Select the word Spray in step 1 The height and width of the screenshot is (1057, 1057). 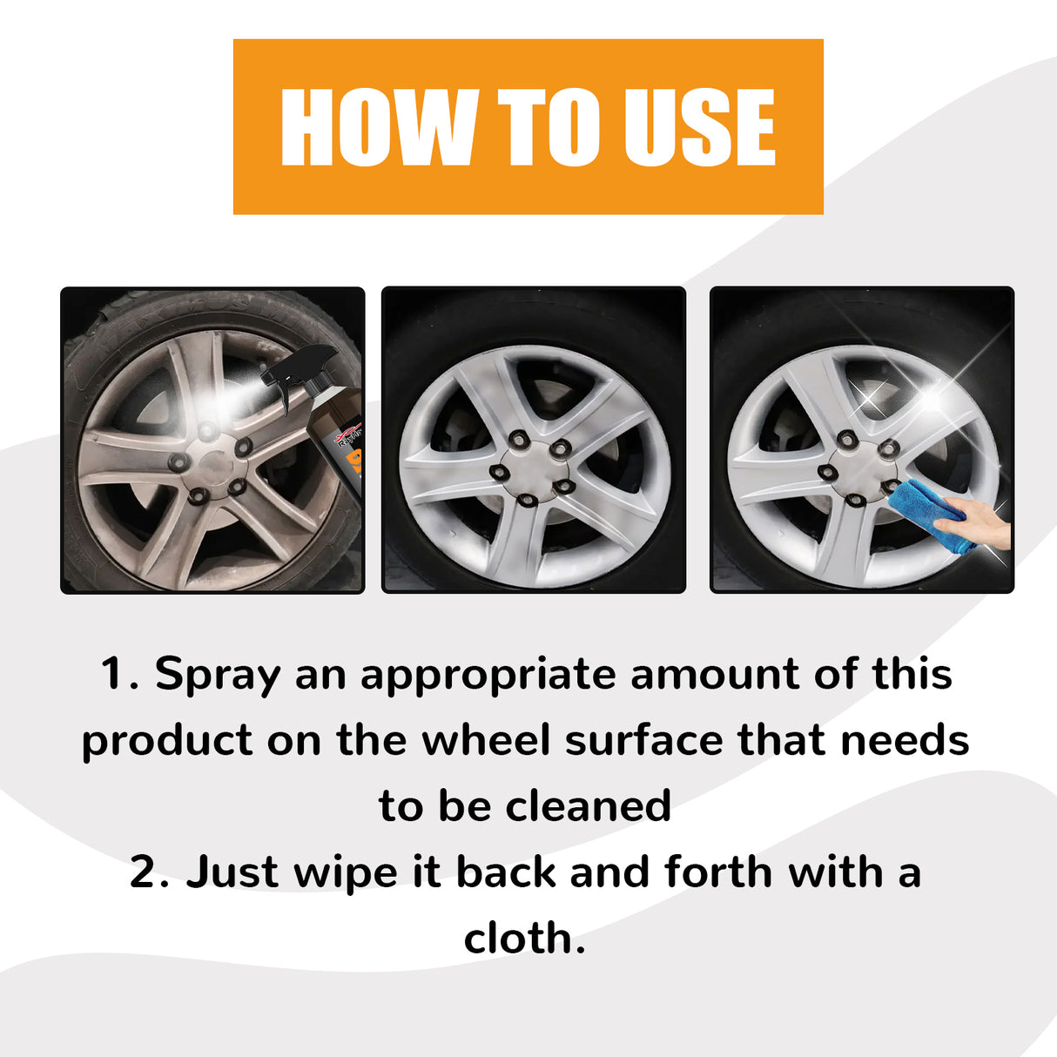click(218, 675)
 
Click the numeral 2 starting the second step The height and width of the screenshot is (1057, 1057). click(144, 872)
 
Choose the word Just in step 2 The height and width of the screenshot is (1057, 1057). click(232, 872)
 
